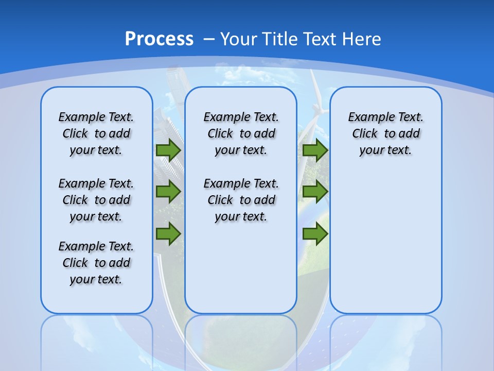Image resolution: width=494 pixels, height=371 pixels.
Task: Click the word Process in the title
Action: (159, 39)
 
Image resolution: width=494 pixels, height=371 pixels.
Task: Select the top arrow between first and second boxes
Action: (168, 150)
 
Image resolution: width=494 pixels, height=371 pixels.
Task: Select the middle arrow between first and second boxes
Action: (168, 192)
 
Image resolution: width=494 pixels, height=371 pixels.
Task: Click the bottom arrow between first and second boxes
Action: (168, 234)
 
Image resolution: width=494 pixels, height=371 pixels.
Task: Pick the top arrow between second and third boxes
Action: (315, 150)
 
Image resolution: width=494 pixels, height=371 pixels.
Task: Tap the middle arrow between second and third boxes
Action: (315, 192)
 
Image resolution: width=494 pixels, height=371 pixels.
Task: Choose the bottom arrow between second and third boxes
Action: (315, 234)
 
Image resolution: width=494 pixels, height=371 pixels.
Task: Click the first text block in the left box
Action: (96, 133)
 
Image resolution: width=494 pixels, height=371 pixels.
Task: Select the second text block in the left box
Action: (96, 200)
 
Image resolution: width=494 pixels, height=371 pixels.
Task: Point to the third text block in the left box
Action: (96, 263)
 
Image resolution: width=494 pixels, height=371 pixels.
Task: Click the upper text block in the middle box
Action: (241, 133)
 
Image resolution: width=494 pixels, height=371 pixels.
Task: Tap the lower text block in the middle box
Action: (241, 200)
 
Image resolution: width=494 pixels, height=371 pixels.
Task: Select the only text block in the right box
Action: (385, 133)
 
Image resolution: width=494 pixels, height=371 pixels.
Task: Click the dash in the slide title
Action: (209, 39)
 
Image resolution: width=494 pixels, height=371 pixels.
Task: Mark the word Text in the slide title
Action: (321, 39)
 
